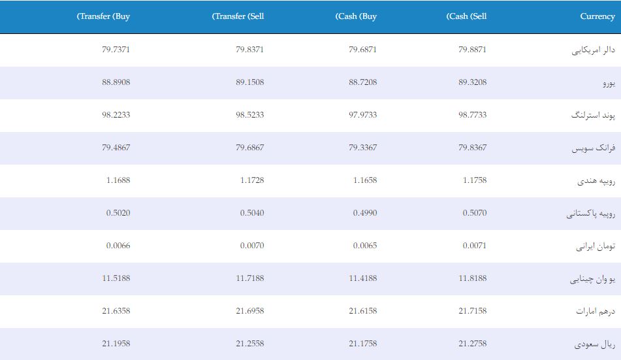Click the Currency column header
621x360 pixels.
click(597, 16)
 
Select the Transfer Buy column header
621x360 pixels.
click(103, 16)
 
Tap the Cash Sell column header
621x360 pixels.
click(466, 16)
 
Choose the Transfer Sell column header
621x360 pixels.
click(238, 16)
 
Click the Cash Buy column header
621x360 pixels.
click(356, 16)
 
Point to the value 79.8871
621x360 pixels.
click(473, 50)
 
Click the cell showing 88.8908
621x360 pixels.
click(116, 82)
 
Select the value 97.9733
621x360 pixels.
click(363, 115)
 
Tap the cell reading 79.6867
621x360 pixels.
click(250, 148)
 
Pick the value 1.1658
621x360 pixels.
click(365, 180)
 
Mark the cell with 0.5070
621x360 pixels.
click(475, 213)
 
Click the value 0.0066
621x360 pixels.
click(118, 246)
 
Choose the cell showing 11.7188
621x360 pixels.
click(250, 278)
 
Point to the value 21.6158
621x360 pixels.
click(363, 311)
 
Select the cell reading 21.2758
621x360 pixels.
click(473, 344)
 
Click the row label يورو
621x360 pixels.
click(609, 83)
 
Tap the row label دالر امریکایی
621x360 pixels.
click(594, 50)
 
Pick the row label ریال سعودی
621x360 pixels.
click(595, 344)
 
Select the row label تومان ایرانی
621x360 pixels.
click(596, 246)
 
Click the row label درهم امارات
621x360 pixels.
click(596, 311)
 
